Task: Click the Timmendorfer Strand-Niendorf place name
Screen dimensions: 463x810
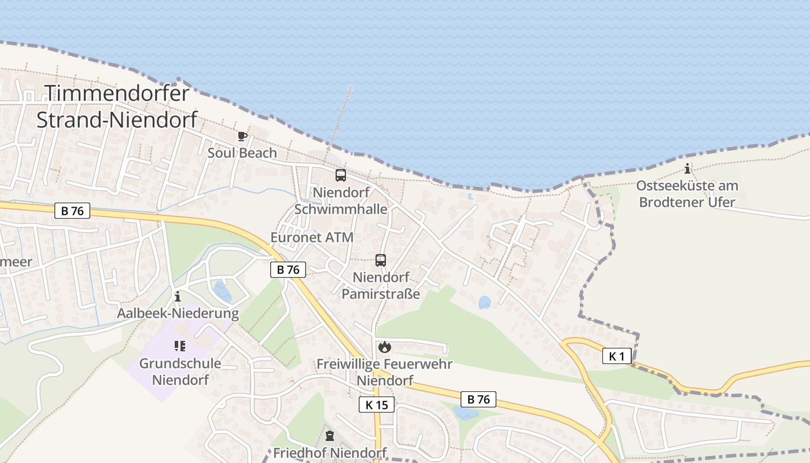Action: click(x=117, y=106)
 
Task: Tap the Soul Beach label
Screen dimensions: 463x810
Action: click(x=242, y=153)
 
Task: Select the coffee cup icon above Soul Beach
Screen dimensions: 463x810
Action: click(x=242, y=137)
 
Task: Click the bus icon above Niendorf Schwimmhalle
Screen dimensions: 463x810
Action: click(x=341, y=175)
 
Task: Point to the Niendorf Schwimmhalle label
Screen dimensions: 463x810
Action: click(x=341, y=200)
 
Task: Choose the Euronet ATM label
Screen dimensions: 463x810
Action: click(x=312, y=237)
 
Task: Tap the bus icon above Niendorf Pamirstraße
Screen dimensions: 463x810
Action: click(x=380, y=260)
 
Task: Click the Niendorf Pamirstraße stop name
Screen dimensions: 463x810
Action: click(x=380, y=285)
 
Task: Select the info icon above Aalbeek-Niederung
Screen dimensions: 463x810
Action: click(x=178, y=297)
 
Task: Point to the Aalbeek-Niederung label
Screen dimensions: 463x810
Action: click(x=178, y=314)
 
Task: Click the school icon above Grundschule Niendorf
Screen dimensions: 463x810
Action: click(x=179, y=346)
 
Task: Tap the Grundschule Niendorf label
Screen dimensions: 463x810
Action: click(x=180, y=372)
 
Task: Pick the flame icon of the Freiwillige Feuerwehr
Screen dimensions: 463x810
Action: click(x=384, y=347)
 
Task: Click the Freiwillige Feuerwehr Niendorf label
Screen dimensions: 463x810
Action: click(x=384, y=372)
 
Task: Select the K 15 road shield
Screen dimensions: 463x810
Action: click(x=377, y=405)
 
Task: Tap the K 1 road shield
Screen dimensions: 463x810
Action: click(x=617, y=356)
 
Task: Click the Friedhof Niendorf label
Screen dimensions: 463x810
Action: click(x=329, y=452)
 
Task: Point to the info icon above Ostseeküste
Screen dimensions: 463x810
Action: click(x=687, y=169)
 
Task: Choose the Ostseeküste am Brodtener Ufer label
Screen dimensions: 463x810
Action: click(x=687, y=194)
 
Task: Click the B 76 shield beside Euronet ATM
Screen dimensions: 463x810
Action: click(x=288, y=269)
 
